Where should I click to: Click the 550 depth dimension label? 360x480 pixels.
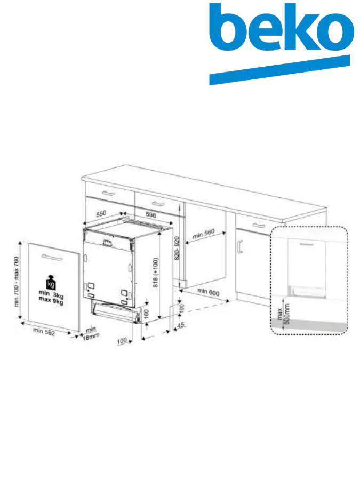coord(101,213)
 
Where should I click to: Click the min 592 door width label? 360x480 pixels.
coord(45,332)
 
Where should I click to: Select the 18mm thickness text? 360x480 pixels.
coord(91,337)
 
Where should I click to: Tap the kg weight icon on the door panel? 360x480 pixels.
coord(51,282)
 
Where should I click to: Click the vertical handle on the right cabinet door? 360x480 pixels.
coord(241,246)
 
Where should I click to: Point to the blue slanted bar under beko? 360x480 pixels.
coord(279,70)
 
